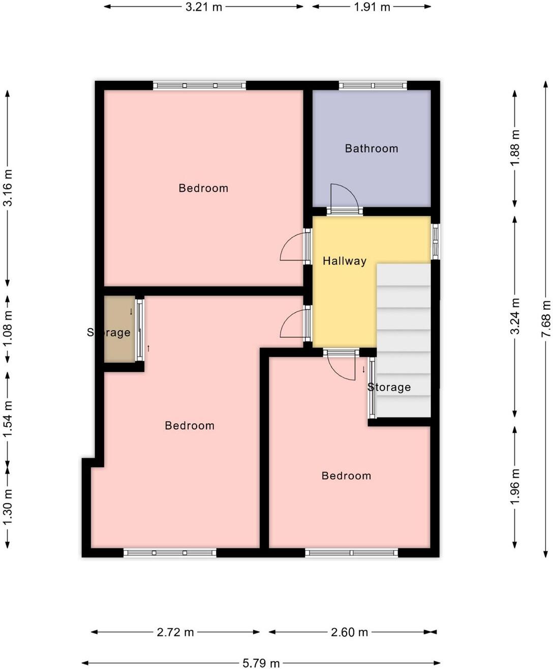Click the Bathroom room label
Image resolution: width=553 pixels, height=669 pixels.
pyautogui.click(x=371, y=149)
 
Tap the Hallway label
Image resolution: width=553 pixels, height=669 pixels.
pyautogui.click(x=344, y=261)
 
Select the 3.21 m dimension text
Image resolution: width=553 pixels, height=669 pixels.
pyautogui.click(x=203, y=7)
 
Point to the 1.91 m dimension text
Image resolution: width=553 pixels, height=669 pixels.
pyautogui.click(x=372, y=7)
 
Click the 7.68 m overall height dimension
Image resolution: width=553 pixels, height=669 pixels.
pyautogui.click(x=546, y=318)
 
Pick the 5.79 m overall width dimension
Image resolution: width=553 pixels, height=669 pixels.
pyautogui.click(x=261, y=663)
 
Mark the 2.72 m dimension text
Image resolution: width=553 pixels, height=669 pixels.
pyautogui.click(x=175, y=632)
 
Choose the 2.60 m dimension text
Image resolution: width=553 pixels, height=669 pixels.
pyautogui.click(x=349, y=632)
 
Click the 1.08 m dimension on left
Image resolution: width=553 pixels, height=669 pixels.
pyautogui.click(x=8, y=329)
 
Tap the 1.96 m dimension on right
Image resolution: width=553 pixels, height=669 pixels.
pyautogui.click(x=515, y=487)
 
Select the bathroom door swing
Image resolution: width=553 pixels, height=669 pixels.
pyautogui.click(x=344, y=197)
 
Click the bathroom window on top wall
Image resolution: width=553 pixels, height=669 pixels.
pyautogui.click(x=373, y=85)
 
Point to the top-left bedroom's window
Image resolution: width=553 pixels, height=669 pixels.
pyautogui.click(x=199, y=85)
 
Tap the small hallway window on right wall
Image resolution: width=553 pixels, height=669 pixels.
pyautogui.click(x=435, y=242)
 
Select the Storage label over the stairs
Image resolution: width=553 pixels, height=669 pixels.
pyautogui.click(x=389, y=387)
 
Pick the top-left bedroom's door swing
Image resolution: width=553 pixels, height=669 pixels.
pyautogui.click(x=293, y=247)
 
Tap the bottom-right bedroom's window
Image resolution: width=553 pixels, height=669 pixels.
pyautogui.click(x=351, y=552)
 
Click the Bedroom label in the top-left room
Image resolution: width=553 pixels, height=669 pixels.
pyautogui.click(x=203, y=188)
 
